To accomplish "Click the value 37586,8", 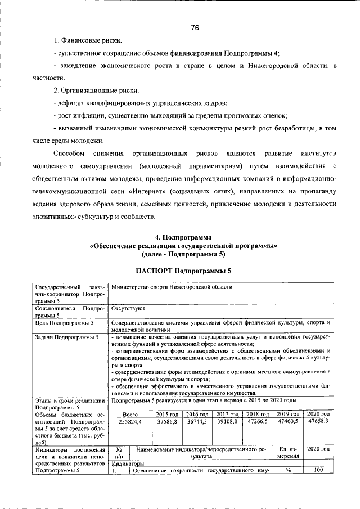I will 167,421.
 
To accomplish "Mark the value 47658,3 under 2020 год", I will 318,421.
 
